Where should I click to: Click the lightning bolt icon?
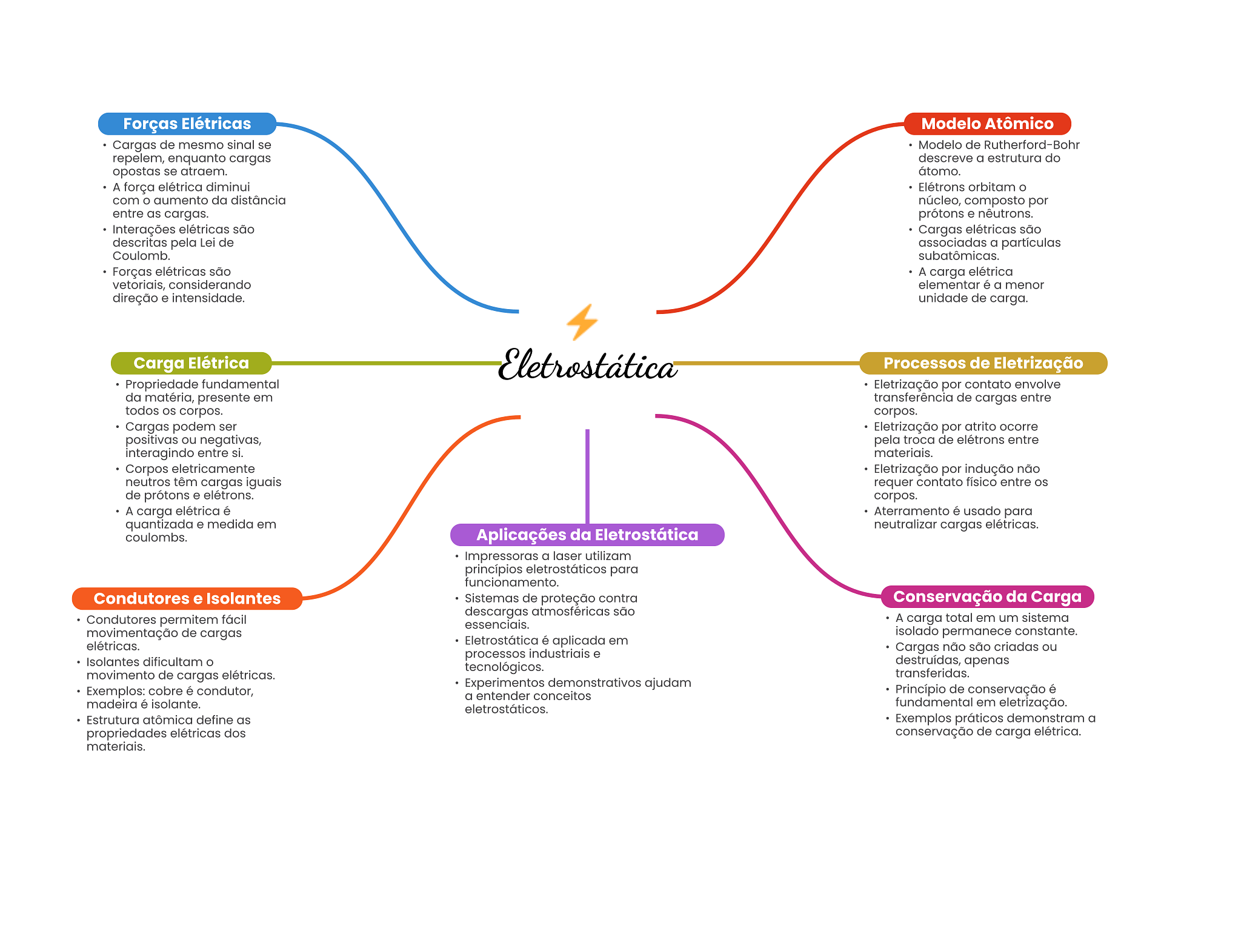click(582, 322)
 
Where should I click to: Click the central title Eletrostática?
click(587, 365)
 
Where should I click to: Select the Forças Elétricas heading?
click(187, 124)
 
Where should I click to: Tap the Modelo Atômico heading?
click(987, 124)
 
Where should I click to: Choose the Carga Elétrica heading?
click(191, 363)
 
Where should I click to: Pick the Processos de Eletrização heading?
click(983, 363)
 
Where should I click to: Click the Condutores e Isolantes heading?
click(187, 598)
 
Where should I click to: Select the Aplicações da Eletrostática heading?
click(587, 535)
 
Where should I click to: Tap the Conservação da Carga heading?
click(987, 596)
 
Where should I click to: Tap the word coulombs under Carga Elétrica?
click(155, 538)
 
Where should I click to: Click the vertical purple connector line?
click(587, 476)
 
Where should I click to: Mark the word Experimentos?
click(504, 682)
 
